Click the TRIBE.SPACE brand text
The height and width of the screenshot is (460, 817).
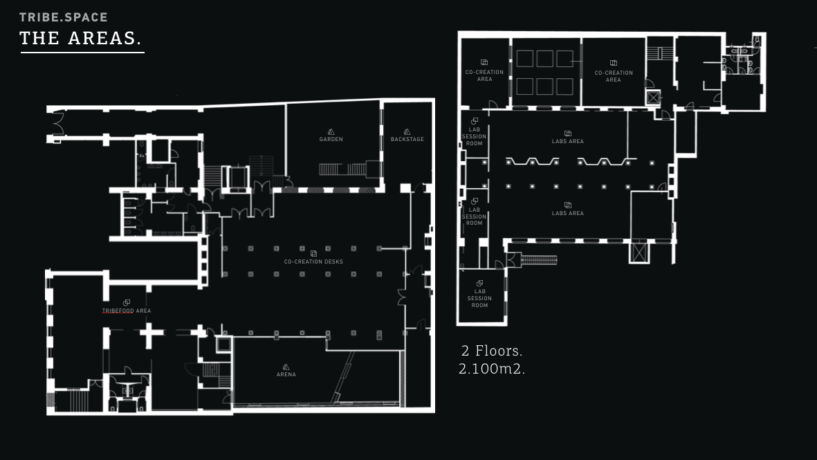[64, 17]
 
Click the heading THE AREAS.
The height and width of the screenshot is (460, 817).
[81, 38]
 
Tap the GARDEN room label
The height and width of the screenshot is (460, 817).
[331, 140]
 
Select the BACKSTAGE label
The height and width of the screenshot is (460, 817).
[407, 140]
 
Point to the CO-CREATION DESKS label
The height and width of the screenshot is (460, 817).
[313, 262]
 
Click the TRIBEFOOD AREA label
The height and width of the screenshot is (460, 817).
[127, 311]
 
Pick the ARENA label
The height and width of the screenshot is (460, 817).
[286, 374]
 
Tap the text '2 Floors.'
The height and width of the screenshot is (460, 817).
[492, 351]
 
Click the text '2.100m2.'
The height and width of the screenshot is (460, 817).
[492, 369]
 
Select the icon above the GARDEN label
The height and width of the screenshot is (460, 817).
[331, 132]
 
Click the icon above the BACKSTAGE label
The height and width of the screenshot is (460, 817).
[407, 132]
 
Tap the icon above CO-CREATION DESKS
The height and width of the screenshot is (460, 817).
[313, 254]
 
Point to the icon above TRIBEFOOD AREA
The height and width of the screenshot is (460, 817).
[127, 303]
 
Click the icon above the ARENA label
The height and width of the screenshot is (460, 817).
[286, 367]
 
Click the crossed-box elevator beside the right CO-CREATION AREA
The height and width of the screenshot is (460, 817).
[653, 98]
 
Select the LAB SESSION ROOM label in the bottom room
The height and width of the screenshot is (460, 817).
[479, 299]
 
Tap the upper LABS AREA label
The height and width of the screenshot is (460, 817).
[568, 142]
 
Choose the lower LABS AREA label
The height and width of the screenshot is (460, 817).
[568, 214]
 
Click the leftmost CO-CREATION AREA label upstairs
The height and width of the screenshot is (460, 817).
[484, 76]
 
